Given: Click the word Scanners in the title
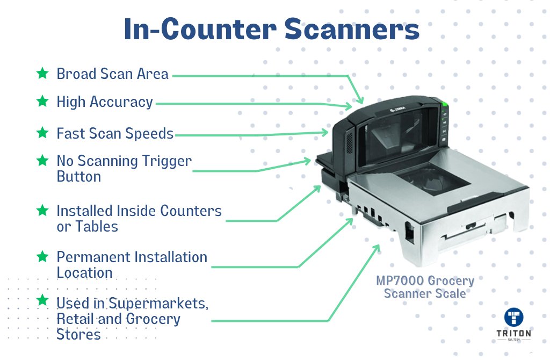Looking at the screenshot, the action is point(352,29).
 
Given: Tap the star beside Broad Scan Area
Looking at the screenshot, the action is point(42,73).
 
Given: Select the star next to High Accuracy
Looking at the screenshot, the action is point(42,101).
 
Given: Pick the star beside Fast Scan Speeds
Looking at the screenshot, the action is point(42,133).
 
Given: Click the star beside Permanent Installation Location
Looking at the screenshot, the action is point(42,256).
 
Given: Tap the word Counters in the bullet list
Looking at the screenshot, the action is point(191,211).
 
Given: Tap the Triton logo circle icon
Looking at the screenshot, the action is point(513,317).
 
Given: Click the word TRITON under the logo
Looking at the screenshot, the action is point(513,333).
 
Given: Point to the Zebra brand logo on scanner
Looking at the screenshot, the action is point(398,110).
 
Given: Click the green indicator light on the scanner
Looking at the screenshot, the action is point(444,104).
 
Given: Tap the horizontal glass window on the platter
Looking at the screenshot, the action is point(434,178).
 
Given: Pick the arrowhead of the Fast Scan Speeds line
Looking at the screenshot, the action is point(325,132).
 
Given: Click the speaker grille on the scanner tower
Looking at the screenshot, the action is point(349,142).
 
